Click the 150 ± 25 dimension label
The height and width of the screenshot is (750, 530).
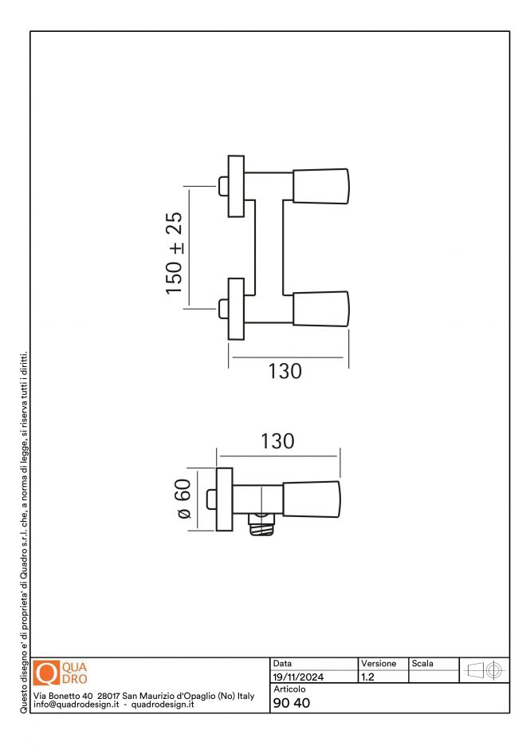[x=175, y=253]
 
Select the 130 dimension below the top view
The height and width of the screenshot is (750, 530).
[x=285, y=371]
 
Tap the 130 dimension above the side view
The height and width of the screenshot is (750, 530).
[x=277, y=441]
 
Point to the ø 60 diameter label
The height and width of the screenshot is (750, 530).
[x=183, y=499]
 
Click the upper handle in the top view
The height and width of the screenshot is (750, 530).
[x=321, y=185]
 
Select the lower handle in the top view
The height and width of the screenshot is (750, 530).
[x=321, y=309]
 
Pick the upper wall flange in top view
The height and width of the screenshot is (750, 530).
[x=236, y=186]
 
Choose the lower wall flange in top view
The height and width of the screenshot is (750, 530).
[x=236, y=310]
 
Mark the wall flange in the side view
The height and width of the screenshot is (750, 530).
[x=224, y=499]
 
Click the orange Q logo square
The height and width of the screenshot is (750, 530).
[x=48, y=673]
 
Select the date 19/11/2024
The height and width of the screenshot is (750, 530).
[x=298, y=677]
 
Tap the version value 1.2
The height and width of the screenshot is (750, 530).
[x=369, y=677]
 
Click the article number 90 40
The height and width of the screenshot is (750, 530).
[x=292, y=703]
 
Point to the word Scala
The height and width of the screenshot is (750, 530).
[x=422, y=664]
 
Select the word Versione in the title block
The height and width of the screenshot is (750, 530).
[x=379, y=664]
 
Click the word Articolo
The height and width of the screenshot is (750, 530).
[x=289, y=689]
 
